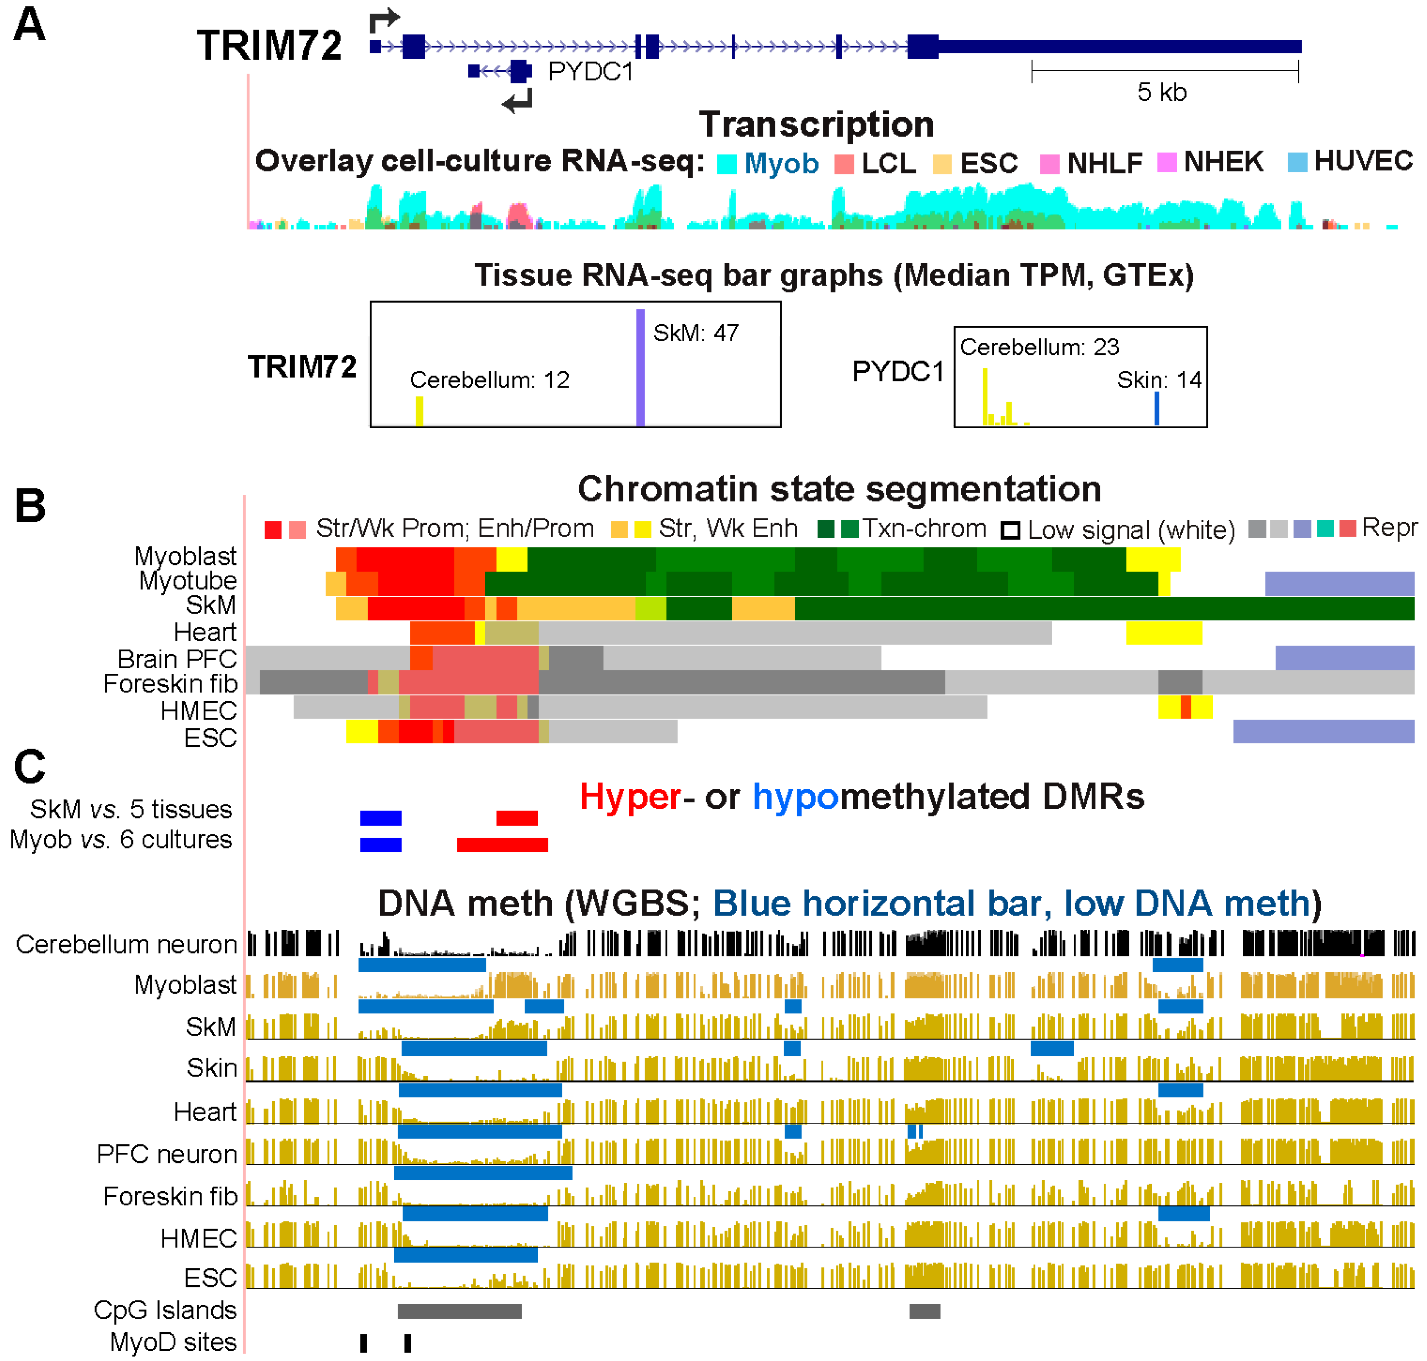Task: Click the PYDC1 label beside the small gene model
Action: click(590, 72)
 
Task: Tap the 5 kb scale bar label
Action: click(1162, 92)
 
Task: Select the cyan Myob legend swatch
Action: click(727, 164)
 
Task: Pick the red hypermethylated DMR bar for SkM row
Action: click(517, 818)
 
